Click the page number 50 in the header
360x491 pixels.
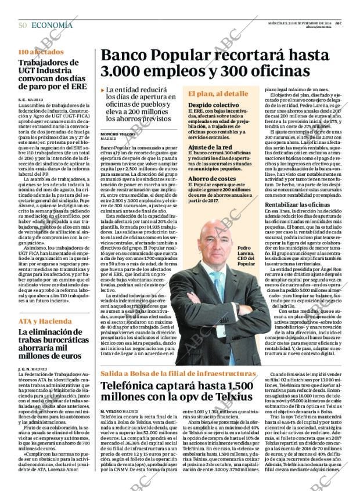tap(23, 25)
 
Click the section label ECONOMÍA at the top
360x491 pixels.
tap(52, 25)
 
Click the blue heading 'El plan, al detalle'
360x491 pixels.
tap(218, 93)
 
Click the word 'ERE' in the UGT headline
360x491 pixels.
tap(74, 91)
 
